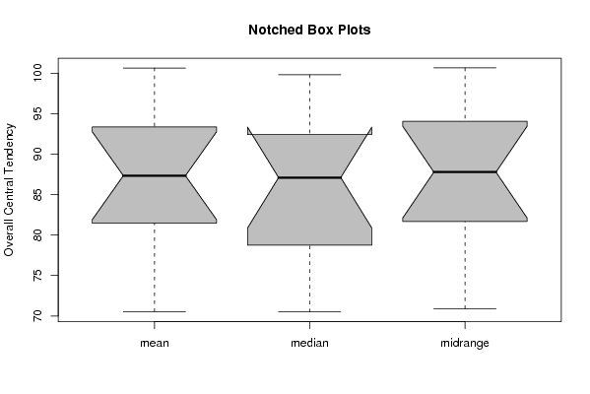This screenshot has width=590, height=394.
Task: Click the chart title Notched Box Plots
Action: click(309, 30)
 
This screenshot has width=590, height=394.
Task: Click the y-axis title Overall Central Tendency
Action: click(9, 190)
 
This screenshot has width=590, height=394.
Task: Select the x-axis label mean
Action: click(155, 343)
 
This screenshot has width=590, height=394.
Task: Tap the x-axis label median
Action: click(309, 343)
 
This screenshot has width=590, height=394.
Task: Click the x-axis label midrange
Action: click(465, 343)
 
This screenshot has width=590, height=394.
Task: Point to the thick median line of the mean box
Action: click(155, 175)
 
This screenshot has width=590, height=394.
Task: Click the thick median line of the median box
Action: click(309, 177)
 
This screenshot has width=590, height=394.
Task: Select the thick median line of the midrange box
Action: click(465, 172)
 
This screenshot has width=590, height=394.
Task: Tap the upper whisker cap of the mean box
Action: click(155, 68)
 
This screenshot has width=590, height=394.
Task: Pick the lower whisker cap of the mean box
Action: click(155, 311)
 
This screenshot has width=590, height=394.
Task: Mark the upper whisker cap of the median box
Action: click(309, 75)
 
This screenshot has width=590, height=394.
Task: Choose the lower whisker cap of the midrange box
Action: click(465, 308)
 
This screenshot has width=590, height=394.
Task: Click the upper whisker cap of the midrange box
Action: click(465, 67)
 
